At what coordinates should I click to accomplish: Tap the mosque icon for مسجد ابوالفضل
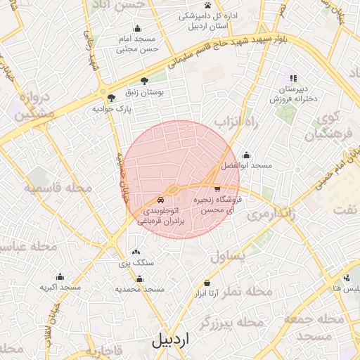click(x=246, y=155)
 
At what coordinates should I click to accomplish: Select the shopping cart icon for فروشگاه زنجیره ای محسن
click(x=217, y=188)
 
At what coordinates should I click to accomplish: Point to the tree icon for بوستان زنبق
click(x=145, y=81)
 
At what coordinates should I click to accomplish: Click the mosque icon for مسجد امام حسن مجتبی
click(x=136, y=29)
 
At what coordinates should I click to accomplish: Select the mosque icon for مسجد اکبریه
click(x=60, y=276)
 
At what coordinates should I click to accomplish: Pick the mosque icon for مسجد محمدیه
click(x=139, y=278)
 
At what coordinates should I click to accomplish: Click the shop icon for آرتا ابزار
click(x=207, y=283)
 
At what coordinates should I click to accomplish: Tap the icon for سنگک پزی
click(x=136, y=252)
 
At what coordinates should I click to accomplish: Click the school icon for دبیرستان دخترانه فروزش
click(x=293, y=79)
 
